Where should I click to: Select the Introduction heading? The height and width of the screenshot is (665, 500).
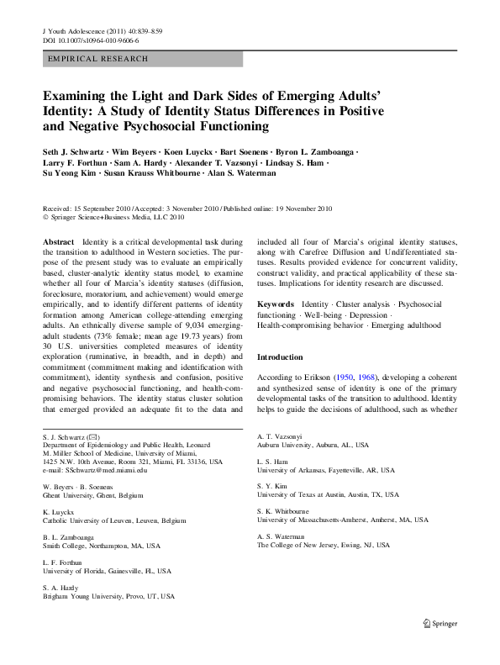pyautogui.click(x=286, y=357)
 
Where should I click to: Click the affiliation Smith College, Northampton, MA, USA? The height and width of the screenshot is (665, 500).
pyautogui.click(x=101, y=546)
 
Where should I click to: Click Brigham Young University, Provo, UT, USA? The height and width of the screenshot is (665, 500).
pyautogui.click(x=108, y=596)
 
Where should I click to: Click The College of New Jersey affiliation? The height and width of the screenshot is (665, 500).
pyautogui.click(x=323, y=545)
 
